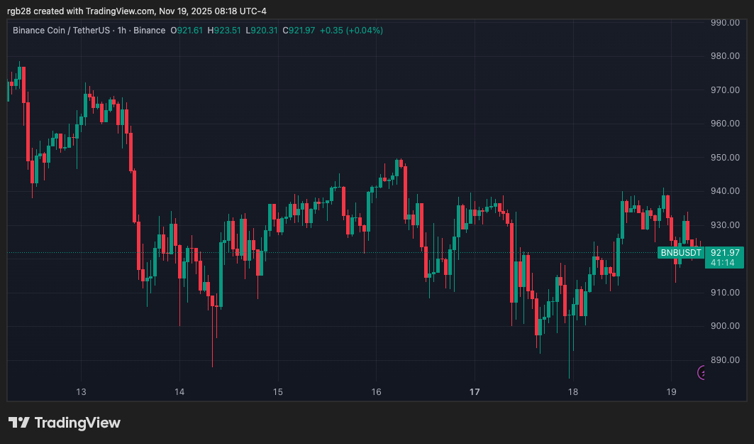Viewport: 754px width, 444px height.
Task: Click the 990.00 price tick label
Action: click(724, 23)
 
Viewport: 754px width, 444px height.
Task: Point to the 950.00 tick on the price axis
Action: click(724, 157)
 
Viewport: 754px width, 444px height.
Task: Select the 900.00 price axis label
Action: click(724, 326)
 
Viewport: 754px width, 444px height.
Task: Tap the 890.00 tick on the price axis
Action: click(724, 359)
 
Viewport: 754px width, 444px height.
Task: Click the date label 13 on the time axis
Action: click(81, 391)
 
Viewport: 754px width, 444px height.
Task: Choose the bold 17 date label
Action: click(475, 391)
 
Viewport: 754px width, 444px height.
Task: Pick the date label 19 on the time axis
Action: click(672, 391)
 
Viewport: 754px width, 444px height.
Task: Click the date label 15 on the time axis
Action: click(277, 391)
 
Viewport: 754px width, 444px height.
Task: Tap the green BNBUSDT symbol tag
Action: click(680, 252)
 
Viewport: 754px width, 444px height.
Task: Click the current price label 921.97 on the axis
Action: click(725, 252)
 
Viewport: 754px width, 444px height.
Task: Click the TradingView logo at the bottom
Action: click(65, 423)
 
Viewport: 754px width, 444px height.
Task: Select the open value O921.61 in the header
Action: click(187, 31)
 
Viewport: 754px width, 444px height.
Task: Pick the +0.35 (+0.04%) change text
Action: click(351, 31)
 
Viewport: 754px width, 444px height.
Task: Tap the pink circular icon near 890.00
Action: click(702, 372)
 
